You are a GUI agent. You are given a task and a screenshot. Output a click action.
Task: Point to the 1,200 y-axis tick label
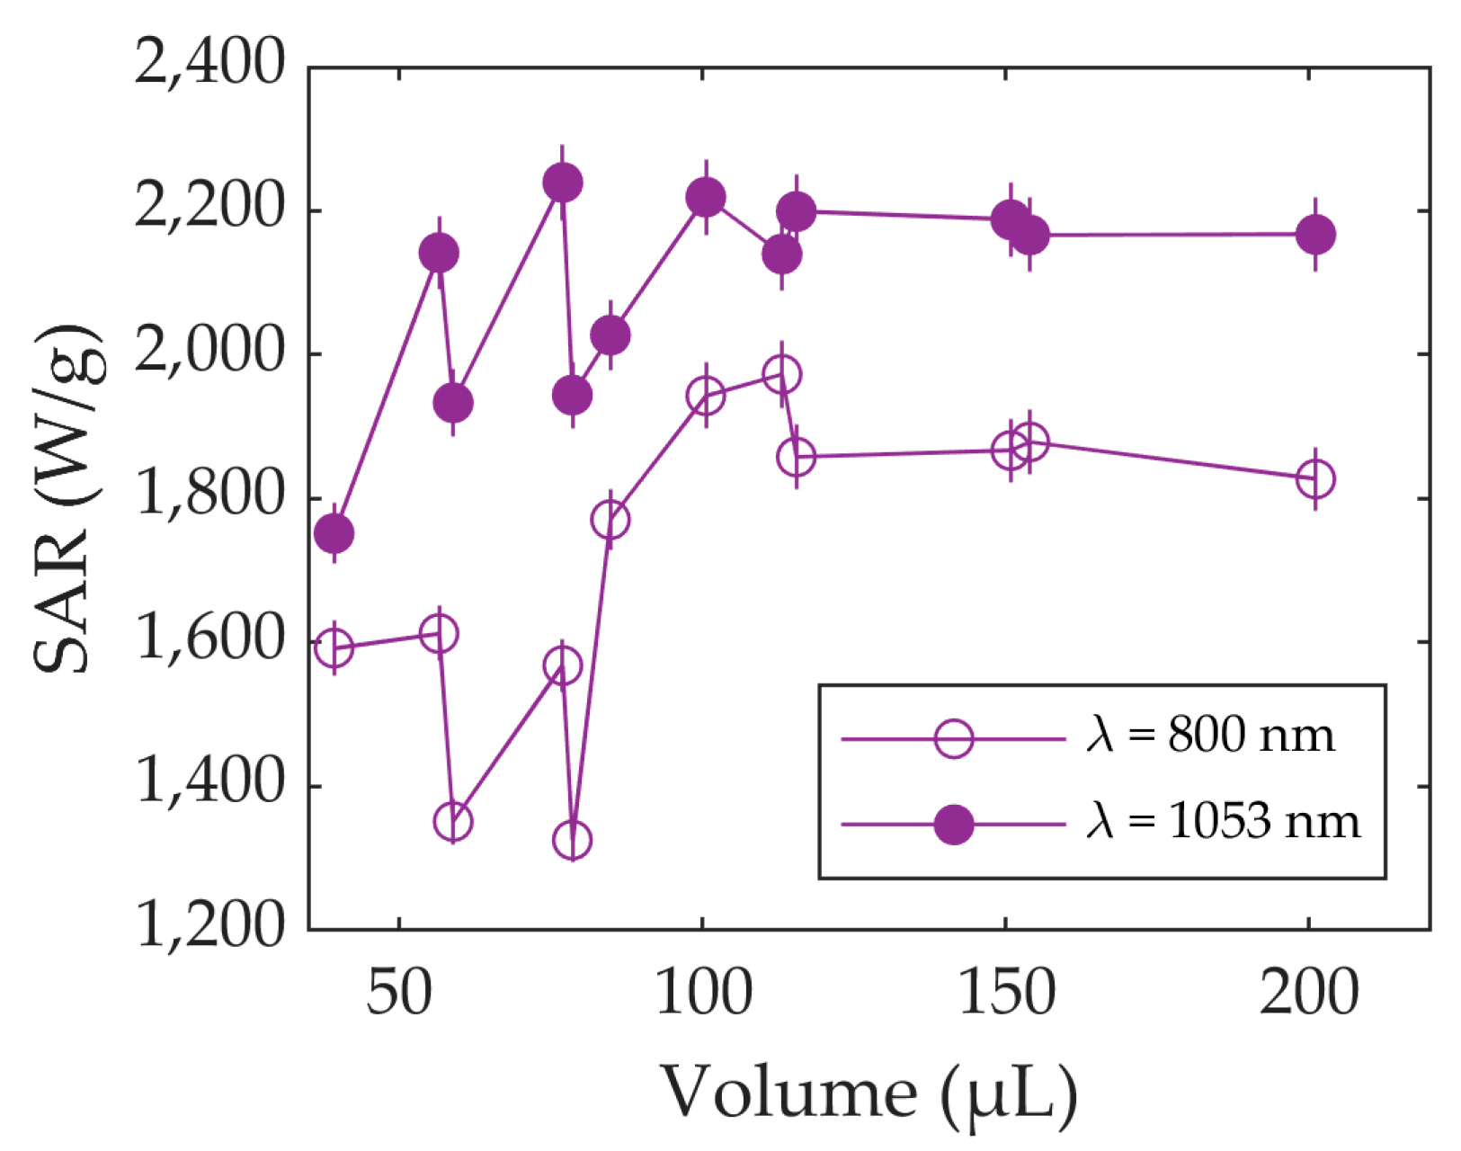[x=209, y=926]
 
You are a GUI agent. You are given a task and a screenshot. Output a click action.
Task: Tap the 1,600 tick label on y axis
[x=209, y=639]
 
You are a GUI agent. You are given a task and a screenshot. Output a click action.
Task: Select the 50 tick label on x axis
[x=398, y=995]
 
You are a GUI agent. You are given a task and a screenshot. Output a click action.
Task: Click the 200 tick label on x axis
[x=1308, y=995]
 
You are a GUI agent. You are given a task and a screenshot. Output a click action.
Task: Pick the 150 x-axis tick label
[x=1006, y=995]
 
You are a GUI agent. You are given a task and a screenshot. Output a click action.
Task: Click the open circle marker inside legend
[x=953, y=739]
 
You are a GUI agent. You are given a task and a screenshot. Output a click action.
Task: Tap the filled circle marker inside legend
[x=953, y=825]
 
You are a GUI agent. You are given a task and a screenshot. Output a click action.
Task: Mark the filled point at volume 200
[x=1316, y=235]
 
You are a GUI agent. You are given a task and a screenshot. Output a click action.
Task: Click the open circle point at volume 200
[x=1316, y=479]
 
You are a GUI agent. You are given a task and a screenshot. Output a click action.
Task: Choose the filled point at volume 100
[x=706, y=198]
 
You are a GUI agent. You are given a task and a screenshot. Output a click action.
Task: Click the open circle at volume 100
[x=706, y=396]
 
